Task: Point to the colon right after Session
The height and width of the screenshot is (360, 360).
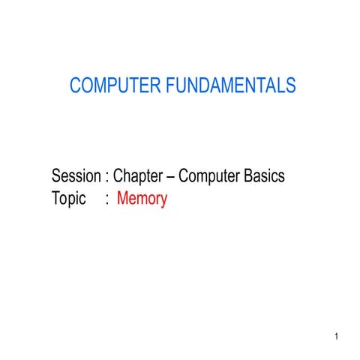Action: pos(108,178)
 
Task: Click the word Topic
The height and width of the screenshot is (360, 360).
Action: pos(68,200)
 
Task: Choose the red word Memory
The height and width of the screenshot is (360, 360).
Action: pos(142,200)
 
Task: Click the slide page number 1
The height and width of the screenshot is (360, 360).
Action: pos(338,335)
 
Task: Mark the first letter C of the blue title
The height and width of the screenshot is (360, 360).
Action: pos(75,86)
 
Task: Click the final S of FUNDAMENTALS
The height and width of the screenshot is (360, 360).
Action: pos(291,86)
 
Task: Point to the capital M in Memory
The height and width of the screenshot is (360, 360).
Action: pos(123,199)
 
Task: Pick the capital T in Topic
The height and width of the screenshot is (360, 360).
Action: pos(56,199)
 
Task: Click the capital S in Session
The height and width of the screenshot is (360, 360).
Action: pos(56,177)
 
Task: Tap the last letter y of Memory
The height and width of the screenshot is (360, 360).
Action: pos(163,202)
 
